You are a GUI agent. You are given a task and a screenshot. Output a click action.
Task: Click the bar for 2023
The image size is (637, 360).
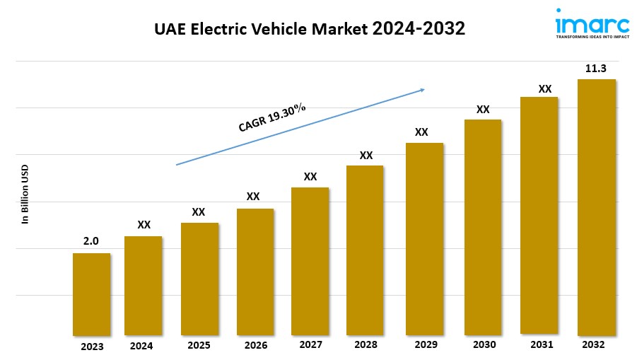[x=91, y=294]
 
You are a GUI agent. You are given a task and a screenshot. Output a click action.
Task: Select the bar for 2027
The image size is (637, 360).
[x=310, y=261]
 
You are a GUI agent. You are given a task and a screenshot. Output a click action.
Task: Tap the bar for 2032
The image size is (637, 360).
[x=596, y=207]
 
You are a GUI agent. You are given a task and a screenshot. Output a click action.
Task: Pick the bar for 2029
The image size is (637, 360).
[x=424, y=238]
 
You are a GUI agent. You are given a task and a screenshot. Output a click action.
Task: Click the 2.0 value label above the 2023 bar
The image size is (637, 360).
[x=91, y=241]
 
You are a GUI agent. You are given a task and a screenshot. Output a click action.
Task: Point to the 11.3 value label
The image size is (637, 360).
[x=596, y=69]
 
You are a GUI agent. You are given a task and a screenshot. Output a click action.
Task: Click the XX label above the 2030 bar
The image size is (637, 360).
[x=483, y=110]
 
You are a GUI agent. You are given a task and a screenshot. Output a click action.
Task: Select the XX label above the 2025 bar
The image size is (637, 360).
[x=199, y=212]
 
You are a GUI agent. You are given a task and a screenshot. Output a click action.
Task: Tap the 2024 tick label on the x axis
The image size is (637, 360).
[x=141, y=346]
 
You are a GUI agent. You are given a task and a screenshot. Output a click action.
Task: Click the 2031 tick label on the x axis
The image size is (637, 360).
[x=542, y=344]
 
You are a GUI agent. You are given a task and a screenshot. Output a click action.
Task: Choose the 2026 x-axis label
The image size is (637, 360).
[x=255, y=345]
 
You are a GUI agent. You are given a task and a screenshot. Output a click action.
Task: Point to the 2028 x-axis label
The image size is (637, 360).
[x=366, y=344]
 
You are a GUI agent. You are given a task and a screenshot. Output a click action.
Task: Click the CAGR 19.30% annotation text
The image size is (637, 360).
[x=272, y=117]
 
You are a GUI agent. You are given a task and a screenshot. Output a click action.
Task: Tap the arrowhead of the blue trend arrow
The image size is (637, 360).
[x=421, y=90]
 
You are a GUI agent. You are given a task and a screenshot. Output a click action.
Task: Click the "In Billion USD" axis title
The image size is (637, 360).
[x=25, y=194]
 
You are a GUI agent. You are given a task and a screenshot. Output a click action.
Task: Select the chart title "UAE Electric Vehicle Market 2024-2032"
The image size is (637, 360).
[x=310, y=29]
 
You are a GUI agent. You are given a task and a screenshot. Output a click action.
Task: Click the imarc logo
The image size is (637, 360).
[x=592, y=23]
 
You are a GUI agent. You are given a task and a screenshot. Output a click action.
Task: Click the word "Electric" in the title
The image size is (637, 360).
[x=221, y=29]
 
